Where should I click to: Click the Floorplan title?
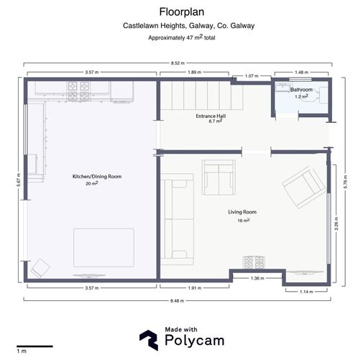tap(182, 12)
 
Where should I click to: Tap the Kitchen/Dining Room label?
tap(97, 177)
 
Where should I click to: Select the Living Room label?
tap(242, 212)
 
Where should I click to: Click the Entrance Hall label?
tap(211, 116)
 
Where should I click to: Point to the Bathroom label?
tap(301, 90)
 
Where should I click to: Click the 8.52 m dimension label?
tap(178, 63)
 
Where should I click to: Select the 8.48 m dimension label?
tap(177, 301)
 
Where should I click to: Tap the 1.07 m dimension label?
tap(252, 76)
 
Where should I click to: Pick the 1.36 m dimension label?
tap(257, 278)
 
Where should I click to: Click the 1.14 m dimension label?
tap(306, 292)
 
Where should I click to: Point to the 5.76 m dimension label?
tap(345, 182)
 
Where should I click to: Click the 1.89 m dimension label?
tap(194, 72)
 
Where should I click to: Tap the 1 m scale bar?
tap(35, 346)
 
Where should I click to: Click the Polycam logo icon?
tap(149, 340)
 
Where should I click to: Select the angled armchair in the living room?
tap(304, 188)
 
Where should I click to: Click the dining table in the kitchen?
tap(104, 248)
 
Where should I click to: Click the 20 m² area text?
tap(92, 183)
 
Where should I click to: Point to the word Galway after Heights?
tap(200, 26)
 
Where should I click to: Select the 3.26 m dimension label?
tap(336, 223)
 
